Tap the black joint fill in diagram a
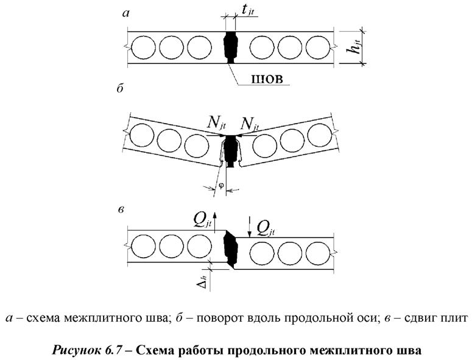(x=231, y=48)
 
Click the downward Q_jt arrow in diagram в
(x=250, y=225)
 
